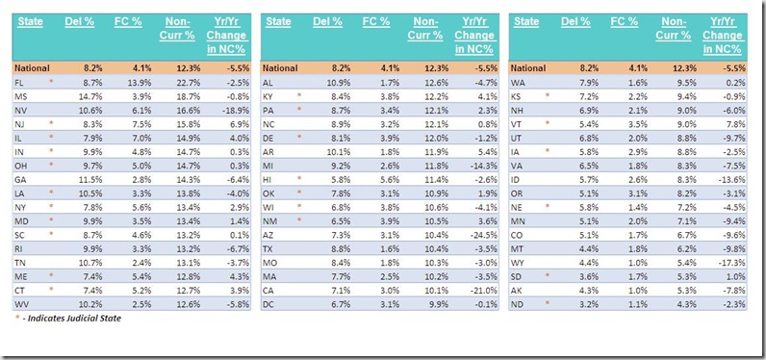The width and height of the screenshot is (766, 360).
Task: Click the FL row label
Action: pyautogui.click(x=19, y=83)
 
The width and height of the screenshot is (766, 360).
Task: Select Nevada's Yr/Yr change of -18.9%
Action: pyautogui.click(x=235, y=110)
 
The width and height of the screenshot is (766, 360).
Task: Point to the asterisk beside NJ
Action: pyautogui.click(x=50, y=123)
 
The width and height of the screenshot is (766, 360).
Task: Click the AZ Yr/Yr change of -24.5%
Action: pyautogui.click(x=483, y=247)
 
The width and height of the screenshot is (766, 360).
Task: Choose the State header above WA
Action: pyautogui.click(x=526, y=21)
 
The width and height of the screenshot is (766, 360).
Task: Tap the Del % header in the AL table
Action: pyautogui.click(x=327, y=21)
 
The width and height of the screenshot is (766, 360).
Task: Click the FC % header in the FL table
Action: pyautogui.click(x=127, y=21)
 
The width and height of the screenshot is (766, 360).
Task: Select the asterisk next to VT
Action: pyautogui.click(x=548, y=122)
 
